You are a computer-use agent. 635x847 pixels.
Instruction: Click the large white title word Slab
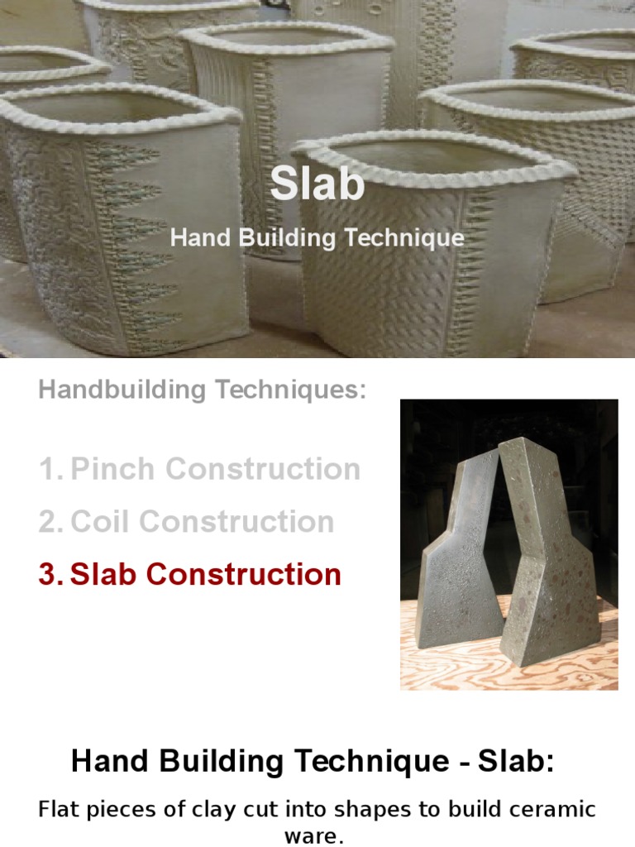coord(317,184)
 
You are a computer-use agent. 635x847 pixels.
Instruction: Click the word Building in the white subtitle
coord(279,238)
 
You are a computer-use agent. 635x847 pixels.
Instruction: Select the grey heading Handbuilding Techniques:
coord(202,390)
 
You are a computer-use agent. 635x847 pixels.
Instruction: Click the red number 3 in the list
coord(48,574)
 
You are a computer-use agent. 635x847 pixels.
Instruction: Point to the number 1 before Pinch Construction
coord(48,469)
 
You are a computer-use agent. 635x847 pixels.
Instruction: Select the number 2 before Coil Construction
coord(48,521)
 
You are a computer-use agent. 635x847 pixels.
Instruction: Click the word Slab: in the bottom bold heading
coord(512,762)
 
